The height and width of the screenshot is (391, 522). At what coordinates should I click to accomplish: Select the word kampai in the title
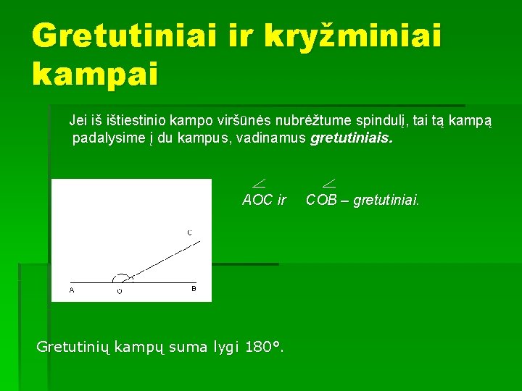(94, 73)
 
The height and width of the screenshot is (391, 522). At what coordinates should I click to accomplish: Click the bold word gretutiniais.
(352, 138)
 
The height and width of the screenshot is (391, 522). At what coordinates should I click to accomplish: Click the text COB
(322, 200)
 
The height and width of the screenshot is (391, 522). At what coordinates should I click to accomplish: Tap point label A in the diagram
(71, 290)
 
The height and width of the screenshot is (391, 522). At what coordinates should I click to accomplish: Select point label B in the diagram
(194, 289)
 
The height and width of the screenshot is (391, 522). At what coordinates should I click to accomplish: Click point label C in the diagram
(189, 233)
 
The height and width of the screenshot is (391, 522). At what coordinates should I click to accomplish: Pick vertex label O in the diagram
(120, 291)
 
